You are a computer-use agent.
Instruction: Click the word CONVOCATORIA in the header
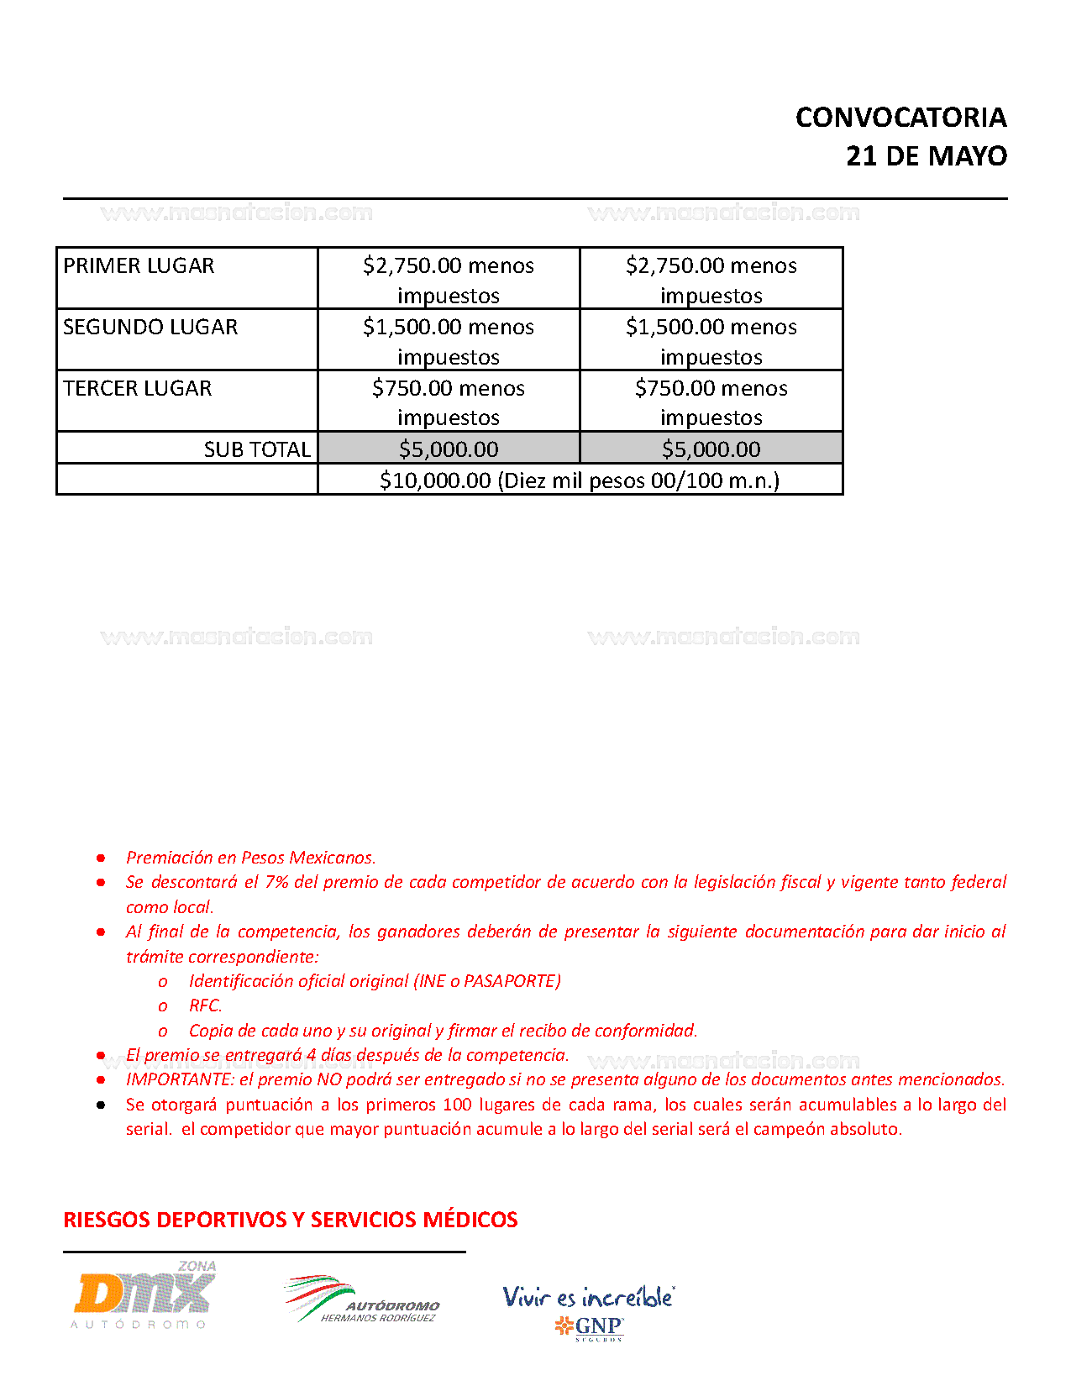[x=900, y=118]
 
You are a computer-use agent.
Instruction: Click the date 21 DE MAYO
[x=926, y=156]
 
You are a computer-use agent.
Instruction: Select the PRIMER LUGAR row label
[x=139, y=266]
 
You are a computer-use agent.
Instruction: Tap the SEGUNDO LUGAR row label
[x=150, y=328]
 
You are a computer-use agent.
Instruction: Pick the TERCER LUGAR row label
[x=138, y=389]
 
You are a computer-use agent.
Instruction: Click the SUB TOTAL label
[x=257, y=449]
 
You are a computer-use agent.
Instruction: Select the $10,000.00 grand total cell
[x=580, y=480]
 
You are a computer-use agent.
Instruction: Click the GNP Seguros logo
[x=590, y=1327]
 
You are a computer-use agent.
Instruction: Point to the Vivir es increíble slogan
[x=588, y=1297]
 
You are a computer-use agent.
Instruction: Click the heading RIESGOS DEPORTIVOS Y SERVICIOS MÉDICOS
[x=291, y=1220]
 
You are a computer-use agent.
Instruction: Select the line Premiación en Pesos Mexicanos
[x=251, y=858]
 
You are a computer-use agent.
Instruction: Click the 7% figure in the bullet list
[x=276, y=882]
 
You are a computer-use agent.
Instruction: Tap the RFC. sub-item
[x=205, y=1005]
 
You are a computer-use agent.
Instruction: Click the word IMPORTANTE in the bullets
[x=179, y=1079]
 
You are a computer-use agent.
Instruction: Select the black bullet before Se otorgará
[x=101, y=1105]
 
